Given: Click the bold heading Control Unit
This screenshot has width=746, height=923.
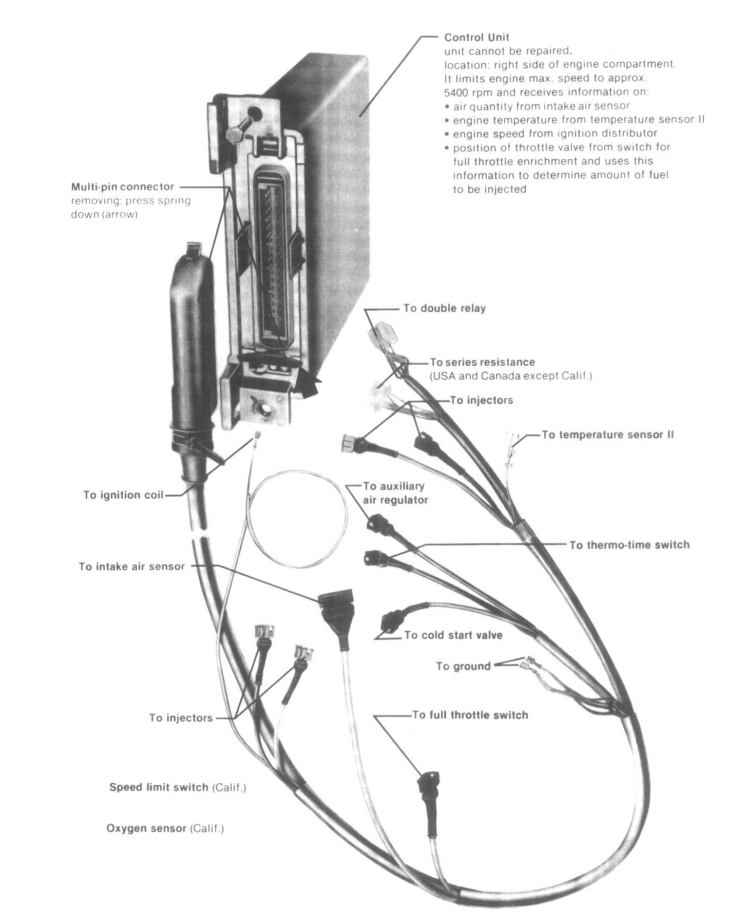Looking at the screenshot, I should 476,37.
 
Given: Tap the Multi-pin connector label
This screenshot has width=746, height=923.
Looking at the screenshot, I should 122,187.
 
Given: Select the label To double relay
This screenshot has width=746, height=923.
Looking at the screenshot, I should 444,309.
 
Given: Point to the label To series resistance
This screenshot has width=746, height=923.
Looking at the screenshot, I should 482,362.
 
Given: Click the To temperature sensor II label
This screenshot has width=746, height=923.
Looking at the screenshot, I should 607,435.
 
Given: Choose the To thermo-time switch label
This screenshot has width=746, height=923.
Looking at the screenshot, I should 629,544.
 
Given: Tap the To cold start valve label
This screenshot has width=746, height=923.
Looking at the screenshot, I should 453,635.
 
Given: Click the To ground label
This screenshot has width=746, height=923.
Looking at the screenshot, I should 463,667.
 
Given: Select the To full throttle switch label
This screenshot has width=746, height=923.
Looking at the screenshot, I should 470,715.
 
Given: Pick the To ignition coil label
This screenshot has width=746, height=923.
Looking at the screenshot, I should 123,495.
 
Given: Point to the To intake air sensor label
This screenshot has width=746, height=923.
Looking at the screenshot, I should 131,567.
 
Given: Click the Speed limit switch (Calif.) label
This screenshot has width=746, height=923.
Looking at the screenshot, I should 177,787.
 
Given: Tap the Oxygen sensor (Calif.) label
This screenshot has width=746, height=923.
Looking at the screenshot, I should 165,828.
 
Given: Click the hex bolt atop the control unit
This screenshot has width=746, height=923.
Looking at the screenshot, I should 237,128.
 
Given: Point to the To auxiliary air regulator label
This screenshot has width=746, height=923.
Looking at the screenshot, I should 395,493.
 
